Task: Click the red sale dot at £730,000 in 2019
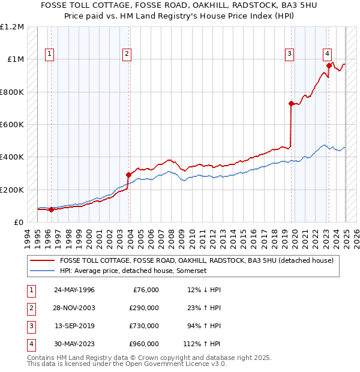[x=291, y=103]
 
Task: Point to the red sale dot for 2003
[x=128, y=175]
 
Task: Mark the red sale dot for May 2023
[x=329, y=66]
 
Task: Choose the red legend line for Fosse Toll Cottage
[x=42, y=260]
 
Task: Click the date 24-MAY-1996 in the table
[x=74, y=290]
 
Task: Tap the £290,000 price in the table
[x=144, y=308]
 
